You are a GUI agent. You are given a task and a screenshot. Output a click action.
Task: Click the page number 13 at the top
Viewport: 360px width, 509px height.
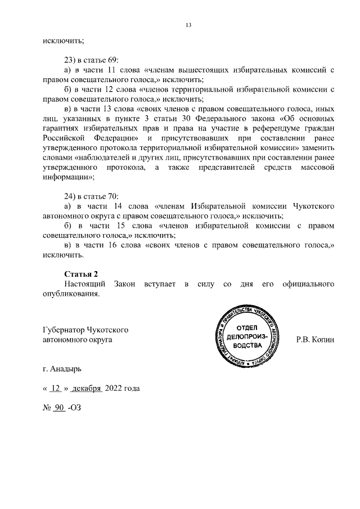[188, 24]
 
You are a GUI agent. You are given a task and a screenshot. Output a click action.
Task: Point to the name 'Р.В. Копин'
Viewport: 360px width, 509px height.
[315, 340]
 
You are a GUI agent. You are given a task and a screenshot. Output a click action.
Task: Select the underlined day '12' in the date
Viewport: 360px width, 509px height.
[55, 389]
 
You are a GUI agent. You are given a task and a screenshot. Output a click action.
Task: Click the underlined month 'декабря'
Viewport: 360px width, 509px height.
[86, 389]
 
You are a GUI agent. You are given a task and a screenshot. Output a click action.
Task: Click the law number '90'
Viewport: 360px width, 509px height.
[59, 409]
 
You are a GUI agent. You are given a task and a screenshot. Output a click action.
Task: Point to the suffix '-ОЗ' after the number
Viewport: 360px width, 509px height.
[74, 409]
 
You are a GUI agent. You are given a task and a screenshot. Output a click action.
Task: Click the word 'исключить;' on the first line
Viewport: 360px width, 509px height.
[63, 40]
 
